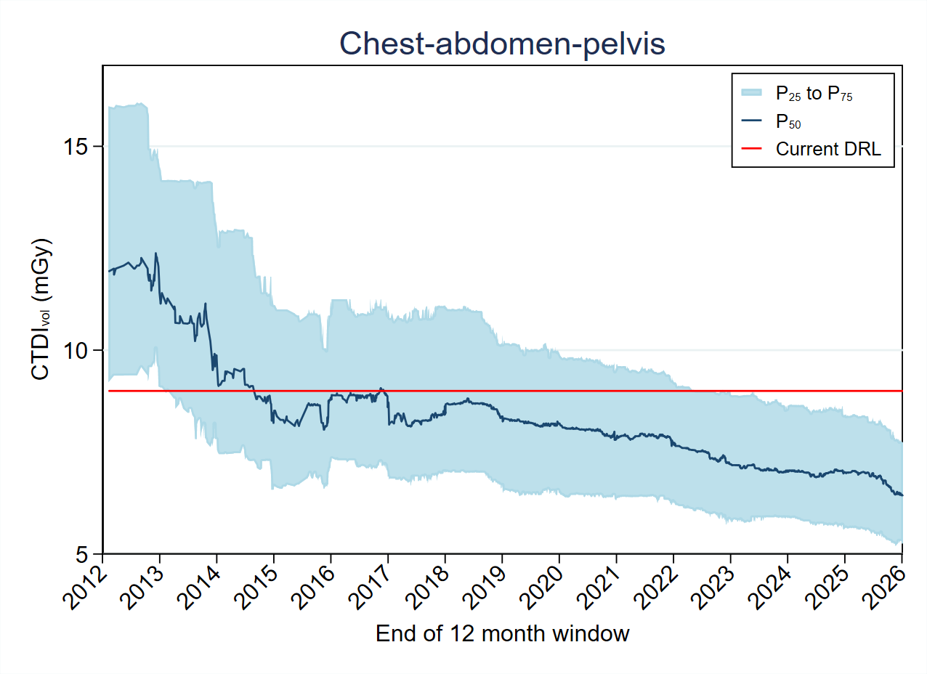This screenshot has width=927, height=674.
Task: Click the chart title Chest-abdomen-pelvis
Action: (x=502, y=45)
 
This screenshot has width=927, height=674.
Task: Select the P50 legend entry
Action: (x=788, y=121)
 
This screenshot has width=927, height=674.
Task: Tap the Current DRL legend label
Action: (x=828, y=150)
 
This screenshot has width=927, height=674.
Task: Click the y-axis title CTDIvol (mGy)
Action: (x=41, y=309)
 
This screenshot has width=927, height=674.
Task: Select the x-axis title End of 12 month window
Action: (x=502, y=634)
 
